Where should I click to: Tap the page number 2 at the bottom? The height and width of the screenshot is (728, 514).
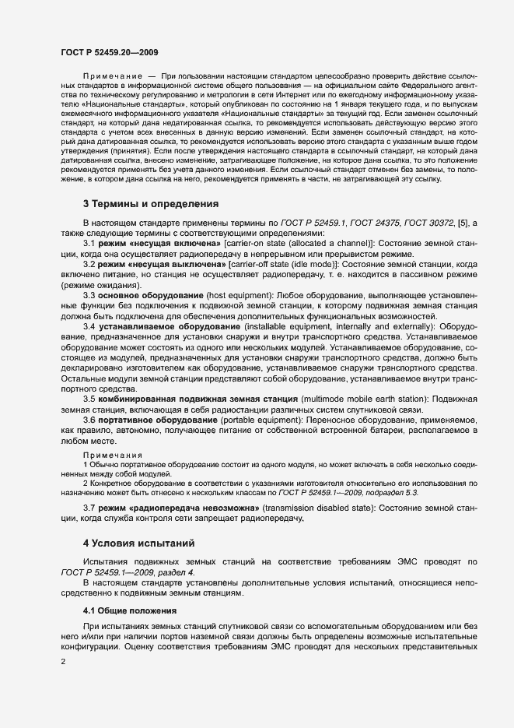click(62, 662)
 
